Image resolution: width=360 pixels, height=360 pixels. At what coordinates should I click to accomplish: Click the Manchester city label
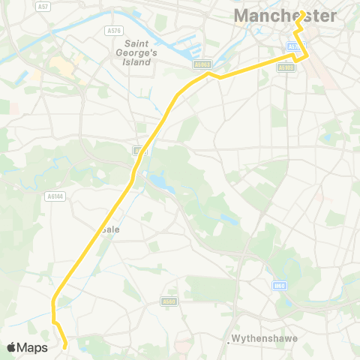(284, 16)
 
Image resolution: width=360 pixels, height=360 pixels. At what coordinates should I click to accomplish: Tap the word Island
(139, 61)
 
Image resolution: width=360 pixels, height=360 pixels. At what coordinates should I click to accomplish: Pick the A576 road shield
(114, 31)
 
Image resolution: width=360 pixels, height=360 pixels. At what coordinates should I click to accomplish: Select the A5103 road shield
(286, 67)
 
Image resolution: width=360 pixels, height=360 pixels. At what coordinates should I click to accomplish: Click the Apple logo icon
(13, 347)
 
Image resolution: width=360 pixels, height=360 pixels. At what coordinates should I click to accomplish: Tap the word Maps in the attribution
(33, 347)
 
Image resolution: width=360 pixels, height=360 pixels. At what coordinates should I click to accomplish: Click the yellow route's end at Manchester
(301, 13)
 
